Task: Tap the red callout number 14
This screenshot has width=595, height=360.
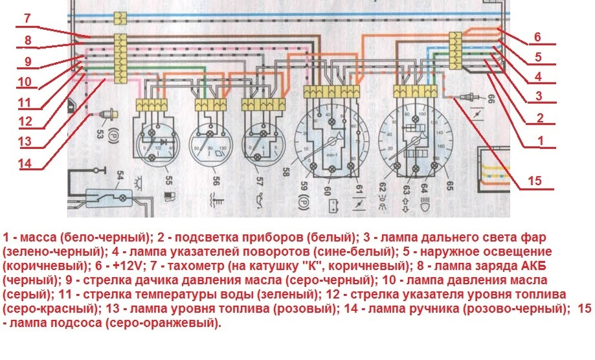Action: pyautogui.click(x=25, y=164)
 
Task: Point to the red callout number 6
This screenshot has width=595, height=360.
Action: pyautogui.click(x=537, y=37)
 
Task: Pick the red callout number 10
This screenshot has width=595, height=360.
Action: pyautogui.click(x=25, y=82)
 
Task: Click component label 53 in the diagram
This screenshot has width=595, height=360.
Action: pyautogui.click(x=100, y=133)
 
